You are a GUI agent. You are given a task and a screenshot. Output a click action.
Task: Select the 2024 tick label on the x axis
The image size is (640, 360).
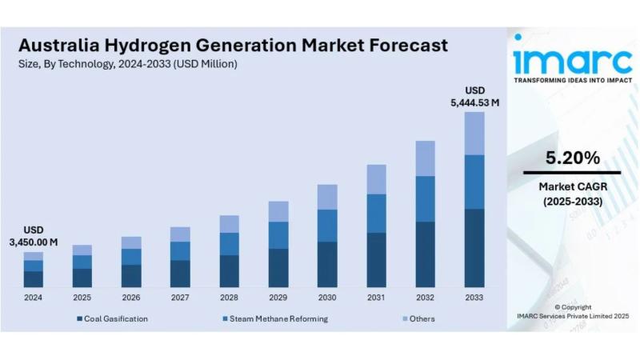[33, 298]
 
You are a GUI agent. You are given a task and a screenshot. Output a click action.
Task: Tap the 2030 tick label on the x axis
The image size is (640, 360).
[327, 298]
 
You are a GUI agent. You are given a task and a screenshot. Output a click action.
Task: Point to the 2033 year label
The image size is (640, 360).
[474, 298]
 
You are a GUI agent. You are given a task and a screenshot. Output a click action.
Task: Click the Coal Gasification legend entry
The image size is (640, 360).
[112, 319]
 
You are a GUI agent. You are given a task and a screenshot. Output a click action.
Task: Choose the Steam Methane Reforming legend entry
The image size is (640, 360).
[274, 319]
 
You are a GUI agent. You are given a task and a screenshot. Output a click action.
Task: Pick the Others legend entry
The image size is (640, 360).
[422, 319]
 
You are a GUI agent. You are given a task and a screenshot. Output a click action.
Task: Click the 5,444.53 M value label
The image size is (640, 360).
[474, 102]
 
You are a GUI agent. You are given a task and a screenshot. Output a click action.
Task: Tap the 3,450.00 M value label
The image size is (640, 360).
[34, 242]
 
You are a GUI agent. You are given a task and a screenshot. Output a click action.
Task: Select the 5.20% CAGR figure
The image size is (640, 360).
[572, 158]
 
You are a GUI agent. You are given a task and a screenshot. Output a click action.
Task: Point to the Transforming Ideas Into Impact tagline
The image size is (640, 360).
[572, 81]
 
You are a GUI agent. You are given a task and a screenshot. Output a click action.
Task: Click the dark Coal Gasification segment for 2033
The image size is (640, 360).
[474, 248]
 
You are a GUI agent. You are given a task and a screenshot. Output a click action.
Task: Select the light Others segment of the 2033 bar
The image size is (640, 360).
[474, 133]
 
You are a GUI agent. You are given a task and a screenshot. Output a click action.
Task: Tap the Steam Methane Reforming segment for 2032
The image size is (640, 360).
[426, 198]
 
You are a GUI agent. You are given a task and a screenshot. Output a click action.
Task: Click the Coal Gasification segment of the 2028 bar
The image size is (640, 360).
[230, 271]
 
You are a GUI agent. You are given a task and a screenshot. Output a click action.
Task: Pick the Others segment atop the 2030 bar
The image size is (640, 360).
[327, 197]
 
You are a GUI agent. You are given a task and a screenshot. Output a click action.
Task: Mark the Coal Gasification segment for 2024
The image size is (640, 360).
[33, 279]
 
